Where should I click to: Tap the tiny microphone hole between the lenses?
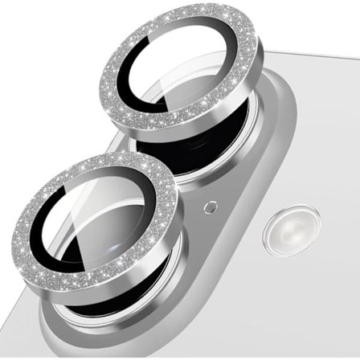click(x=210, y=207)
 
